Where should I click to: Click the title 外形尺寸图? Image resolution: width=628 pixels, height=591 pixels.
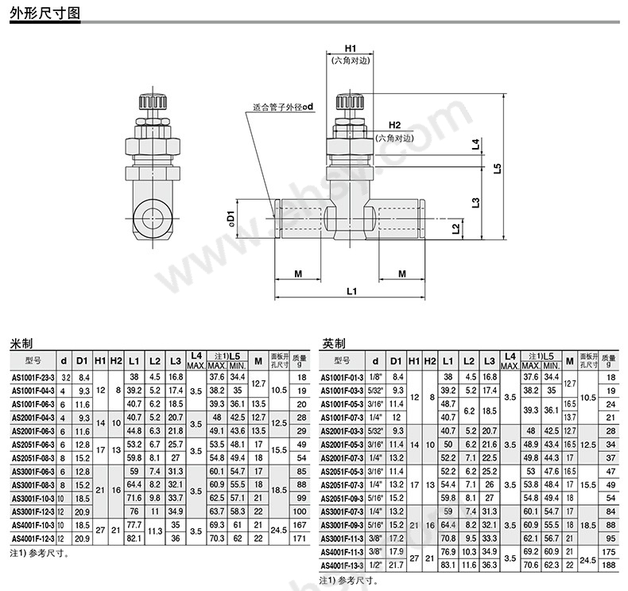click(x=45, y=14)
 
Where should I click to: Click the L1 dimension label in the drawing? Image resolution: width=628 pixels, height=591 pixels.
click(x=351, y=292)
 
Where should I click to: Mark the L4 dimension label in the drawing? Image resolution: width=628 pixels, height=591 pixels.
click(x=475, y=145)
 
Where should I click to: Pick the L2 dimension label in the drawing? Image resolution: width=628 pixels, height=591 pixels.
click(x=455, y=229)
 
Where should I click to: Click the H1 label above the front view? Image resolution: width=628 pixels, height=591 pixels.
click(x=350, y=48)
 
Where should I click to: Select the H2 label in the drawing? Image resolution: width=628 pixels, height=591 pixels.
click(x=395, y=125)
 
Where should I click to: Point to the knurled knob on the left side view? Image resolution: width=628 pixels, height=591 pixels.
click(x=152, y=103)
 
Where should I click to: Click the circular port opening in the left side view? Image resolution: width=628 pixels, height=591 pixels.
click(x=151, y=216)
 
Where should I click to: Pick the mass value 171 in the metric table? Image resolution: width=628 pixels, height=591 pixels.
click(x=300, y=539)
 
